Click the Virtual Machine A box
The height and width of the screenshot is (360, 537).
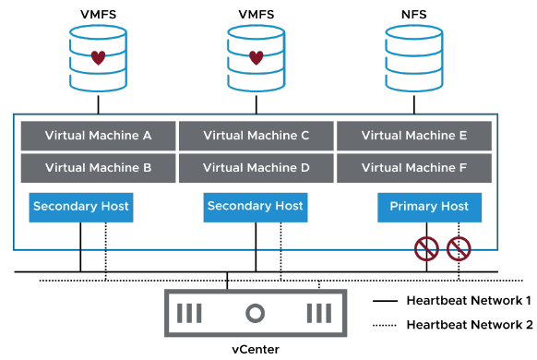coord(98,136)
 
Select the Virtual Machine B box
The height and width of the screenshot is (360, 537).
coord(98,168)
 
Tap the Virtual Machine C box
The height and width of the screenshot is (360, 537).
coord(256,136)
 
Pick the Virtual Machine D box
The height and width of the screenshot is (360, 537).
coord(256,168)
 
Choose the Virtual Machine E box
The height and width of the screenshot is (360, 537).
coord(413,136)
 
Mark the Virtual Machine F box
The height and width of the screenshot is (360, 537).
coord(413,168)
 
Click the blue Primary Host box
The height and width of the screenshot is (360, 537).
coord(429,207)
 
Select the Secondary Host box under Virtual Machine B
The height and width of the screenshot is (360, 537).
coord(81,207)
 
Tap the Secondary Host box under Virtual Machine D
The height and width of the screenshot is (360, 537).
coord(256,207)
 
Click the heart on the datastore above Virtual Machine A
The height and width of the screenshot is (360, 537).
coord(98,57)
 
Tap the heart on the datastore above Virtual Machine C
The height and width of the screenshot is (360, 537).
coord(256,57)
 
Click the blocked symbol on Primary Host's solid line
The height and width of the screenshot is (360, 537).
coord(427,247)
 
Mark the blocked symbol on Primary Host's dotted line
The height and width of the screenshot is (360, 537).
coord(459,247)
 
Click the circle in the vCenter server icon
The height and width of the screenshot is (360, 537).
coord(255,312)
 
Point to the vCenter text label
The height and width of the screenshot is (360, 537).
coord(255,349)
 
